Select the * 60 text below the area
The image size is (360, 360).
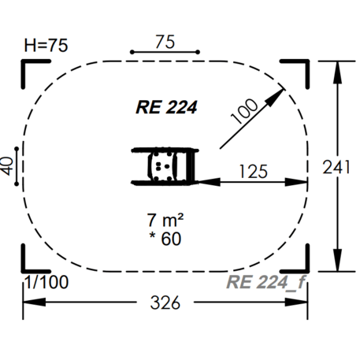165,237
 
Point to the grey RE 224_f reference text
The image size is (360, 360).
263,283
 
